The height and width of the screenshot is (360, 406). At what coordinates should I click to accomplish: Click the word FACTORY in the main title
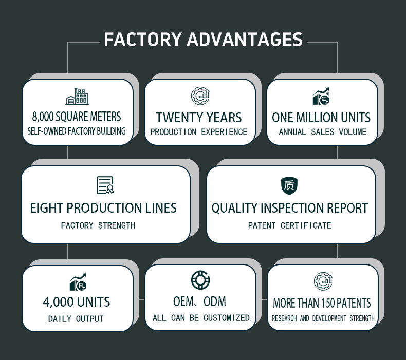pos(142,40)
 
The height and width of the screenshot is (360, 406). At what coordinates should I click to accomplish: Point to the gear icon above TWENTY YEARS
pos(200,96)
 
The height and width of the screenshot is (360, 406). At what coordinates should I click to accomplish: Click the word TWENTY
pos(177,117)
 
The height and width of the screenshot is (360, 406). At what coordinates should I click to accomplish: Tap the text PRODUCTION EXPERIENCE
pos(199,132)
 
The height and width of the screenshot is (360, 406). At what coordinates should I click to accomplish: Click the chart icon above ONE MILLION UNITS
pos(322,96)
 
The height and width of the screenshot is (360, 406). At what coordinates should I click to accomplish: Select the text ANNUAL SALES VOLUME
pos(322,132)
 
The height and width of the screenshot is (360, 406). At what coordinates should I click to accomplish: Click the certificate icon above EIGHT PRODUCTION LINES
pos(105,185)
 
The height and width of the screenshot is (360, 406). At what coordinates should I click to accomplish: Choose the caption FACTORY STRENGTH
pos(98,225)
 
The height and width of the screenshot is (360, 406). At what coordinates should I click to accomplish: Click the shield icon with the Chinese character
pos(289,185)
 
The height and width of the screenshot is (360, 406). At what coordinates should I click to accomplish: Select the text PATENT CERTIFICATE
pos(289,225)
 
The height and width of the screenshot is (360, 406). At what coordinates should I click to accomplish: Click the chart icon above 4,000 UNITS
pos(78,282)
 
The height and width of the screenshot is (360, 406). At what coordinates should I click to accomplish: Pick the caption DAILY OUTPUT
pos(76,319)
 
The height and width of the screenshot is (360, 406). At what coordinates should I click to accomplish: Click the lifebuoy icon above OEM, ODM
pos(200,280)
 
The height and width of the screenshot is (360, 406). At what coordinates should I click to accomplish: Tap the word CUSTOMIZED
pos(227,318)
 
